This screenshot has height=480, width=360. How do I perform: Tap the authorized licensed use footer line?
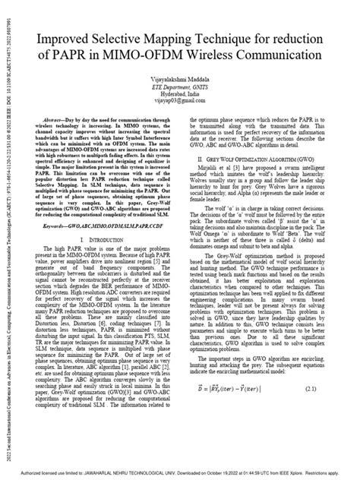(180, 472)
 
